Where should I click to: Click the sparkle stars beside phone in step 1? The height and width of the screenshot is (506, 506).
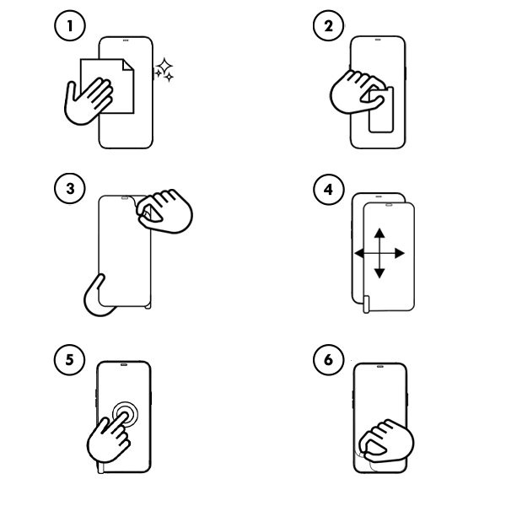click(x=164, y=71)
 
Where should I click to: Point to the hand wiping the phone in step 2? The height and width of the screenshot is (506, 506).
click(x=354, y=91)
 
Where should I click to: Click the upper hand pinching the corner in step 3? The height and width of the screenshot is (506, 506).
click(x=164, y=211)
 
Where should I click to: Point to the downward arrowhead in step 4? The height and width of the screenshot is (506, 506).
click(x=379, y=272)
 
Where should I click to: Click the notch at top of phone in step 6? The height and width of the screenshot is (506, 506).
click(x=379, y=368)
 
